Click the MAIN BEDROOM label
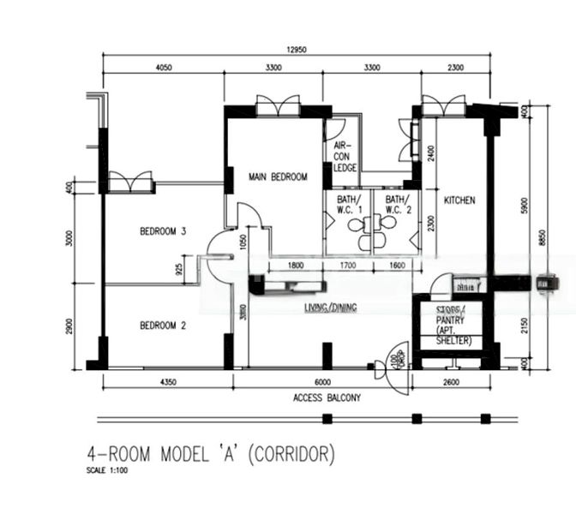tap(277, 177)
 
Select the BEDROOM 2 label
tap(164, 325)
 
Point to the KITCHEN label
tap(459, 200)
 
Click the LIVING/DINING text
tap(330, 308)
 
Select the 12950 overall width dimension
tap(297, 49)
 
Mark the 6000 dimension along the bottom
tap(321, 382)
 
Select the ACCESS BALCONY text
tap(327, 397)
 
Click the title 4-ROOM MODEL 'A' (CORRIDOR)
tap(210, 453)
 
